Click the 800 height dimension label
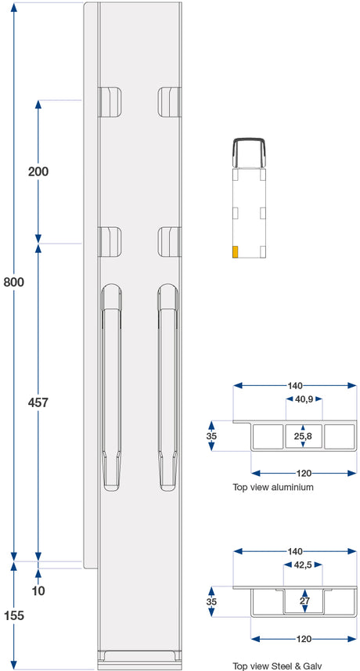pyautogui.click(x=14, y=283)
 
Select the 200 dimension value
pyautogui.click(x=38, y=171)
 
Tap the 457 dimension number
pyautogui.click(x=38, y=402)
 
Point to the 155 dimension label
pyautogui.click(x=14, y=615)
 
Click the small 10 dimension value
pyautogui.click(x=38, y=591)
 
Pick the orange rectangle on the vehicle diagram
pyautogui.click(x=235, y=252)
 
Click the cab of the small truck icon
pyautogui.click(x=249, y=153)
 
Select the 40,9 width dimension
pyautogui.click(x=304, y=399)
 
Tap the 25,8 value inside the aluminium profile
pyautogui.click(x=303, y=436)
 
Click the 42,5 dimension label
pyautogui.click(x=303, y=565)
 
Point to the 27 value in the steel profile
pyautogui.click(x=304, y=601)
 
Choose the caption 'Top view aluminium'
pyautogui.click(x=273, y=487)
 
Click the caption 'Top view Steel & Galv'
pyautogui.click(x=275, y=666)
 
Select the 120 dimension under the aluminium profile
pyautogui.click(x=304, y=473)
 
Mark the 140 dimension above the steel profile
pyautogui.click(x=295, y=551)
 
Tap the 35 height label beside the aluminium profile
pyautogui.click(x=211, y=436)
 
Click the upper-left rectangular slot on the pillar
pyautogui.click(x=110, y=102)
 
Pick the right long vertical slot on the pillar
pyautogui.click(x=167, y=387)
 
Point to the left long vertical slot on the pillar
pyautogui.click(x=111, y=387)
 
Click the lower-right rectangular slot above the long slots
pyautogui.click(x=170, y=242)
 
